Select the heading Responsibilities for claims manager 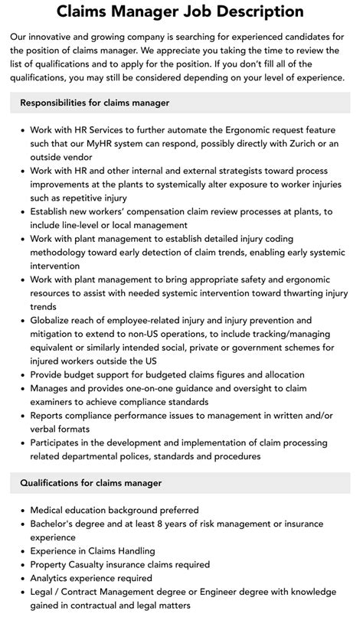pos(95,103)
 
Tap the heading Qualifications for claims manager pos(91,483)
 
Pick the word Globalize pos(56,320)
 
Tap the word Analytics pos(56,578)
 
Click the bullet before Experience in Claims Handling pos(21,551)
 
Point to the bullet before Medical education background pos(21,510)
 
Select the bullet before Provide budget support pos(21,375)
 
